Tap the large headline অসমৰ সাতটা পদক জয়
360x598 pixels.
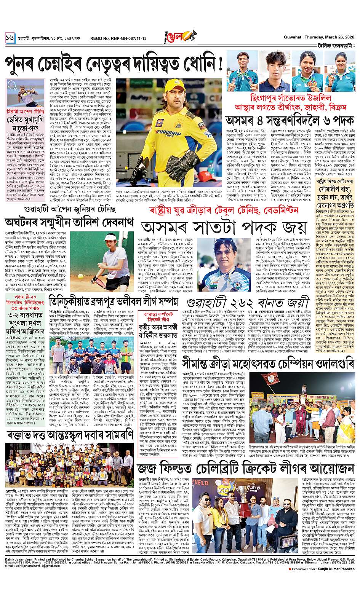[222, 227]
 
